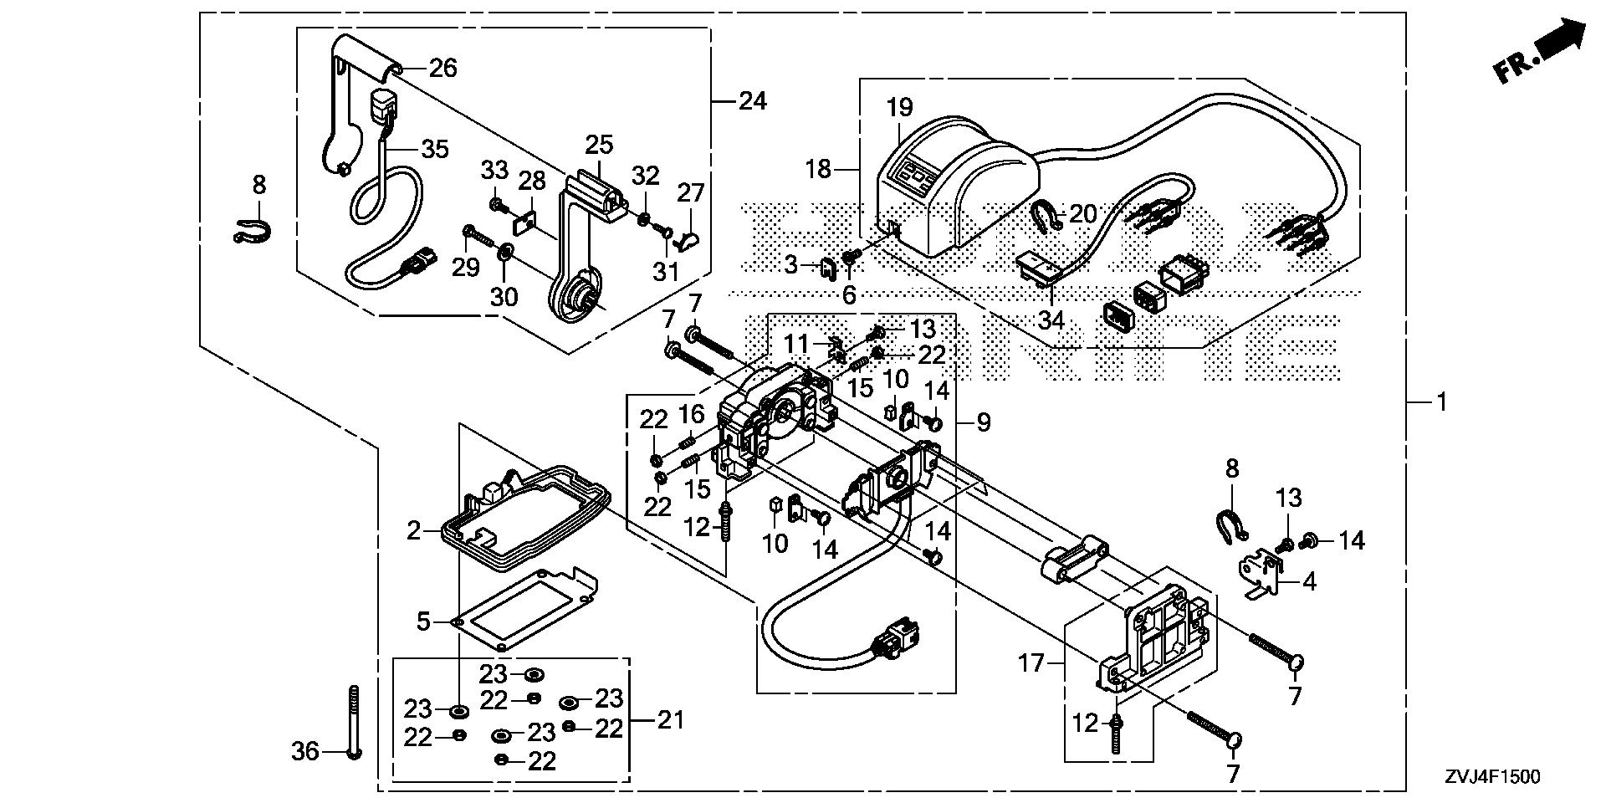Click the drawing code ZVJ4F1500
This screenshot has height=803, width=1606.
pyautogui.click(x=1490, y=777)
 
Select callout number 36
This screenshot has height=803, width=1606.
pyautogui.click(x=304, y=751)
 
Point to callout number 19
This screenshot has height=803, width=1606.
pyautogui.click(x=899, y=108)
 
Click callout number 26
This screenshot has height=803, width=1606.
pyautogui.click(x=442, y=68)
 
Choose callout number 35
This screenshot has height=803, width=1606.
pyautogui.click(x=434, y=149)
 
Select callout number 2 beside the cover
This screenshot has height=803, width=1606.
pyautogui.click(x=414, y=530)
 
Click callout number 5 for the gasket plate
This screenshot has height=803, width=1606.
pyautogui.click(x=423, y=621)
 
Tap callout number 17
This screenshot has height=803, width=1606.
pyautogui.click(x=1031, y=663)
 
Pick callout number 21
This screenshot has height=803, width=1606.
pyautogui.click(x=669, y=719)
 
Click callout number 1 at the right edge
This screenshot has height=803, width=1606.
pyautogui.click(x=1440, y=402)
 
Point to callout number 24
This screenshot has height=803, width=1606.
pyautogui.click(x=752, y=101)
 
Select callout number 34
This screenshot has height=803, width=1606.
pyautogui.click(x=1051, y=320)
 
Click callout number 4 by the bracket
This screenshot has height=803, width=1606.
pyautogui.click(x=1309, y=581)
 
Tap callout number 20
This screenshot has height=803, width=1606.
pyautogui.click(x=1082, y=214)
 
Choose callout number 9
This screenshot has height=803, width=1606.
pyautogui.click(x=983, y=422)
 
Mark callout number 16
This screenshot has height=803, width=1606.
pyautogui.click(x=691, y=413)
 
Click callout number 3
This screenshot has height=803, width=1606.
pyautogui.click(x=790, y=266)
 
